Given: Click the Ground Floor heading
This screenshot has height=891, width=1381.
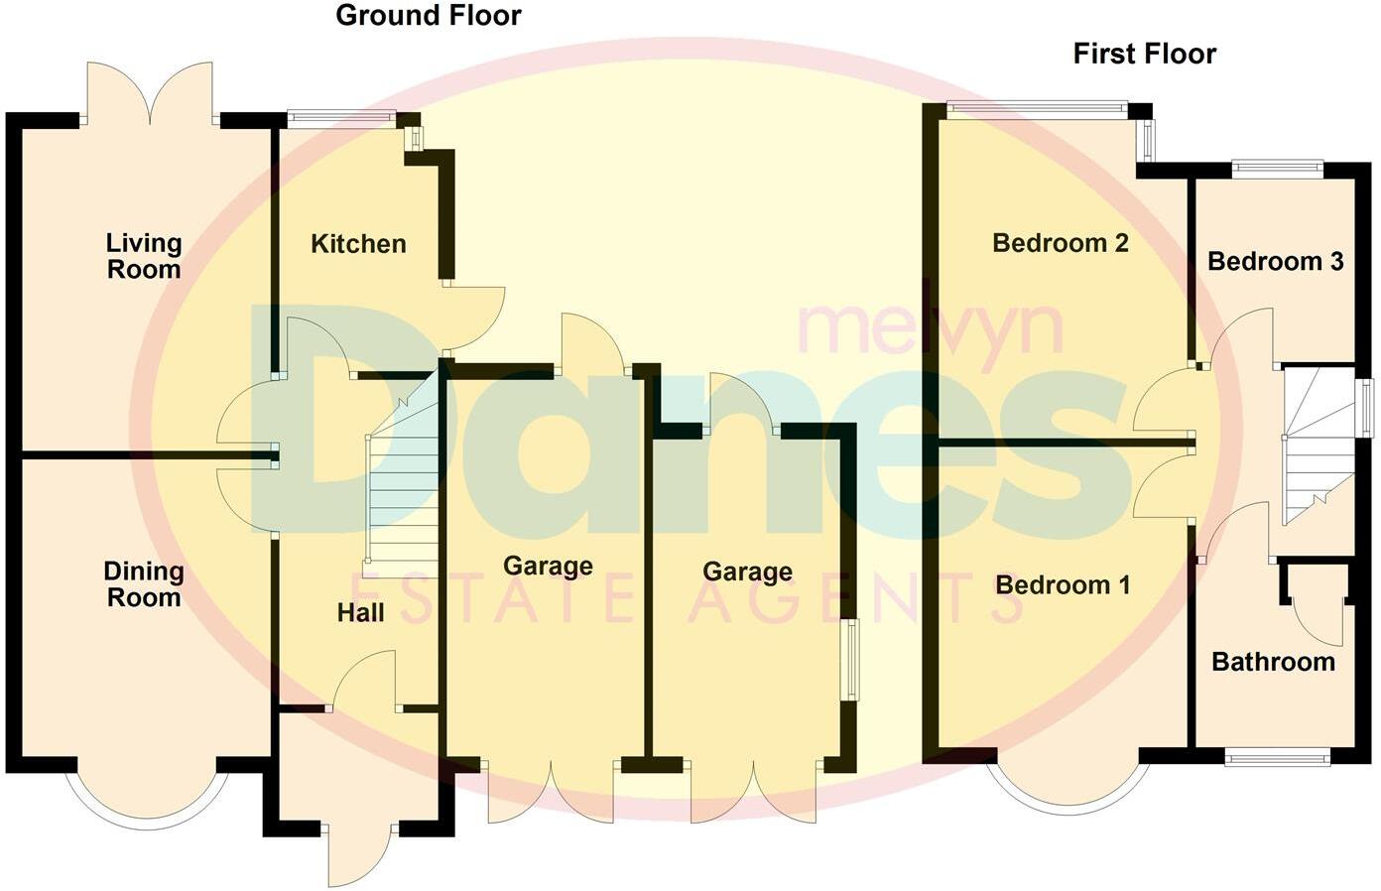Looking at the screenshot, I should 428,16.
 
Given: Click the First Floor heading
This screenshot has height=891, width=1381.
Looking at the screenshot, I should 1144,54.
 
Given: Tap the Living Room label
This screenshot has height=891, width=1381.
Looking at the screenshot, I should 144,256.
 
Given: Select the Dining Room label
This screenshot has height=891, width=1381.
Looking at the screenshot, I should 144,584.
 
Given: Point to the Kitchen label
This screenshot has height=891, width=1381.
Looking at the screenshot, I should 358,244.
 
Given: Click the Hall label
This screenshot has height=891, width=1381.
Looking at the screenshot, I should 360,613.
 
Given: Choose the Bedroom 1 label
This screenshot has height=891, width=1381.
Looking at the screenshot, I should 1062,585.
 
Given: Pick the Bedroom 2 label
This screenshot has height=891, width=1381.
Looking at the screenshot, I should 1060,243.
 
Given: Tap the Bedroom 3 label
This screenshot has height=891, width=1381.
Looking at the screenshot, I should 1275,262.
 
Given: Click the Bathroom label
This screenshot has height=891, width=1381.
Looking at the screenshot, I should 1273,662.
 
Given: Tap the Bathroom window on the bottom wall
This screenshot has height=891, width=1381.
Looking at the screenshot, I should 1276,759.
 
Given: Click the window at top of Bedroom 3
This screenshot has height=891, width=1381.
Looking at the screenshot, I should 1277,169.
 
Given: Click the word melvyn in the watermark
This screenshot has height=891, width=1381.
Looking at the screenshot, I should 930,328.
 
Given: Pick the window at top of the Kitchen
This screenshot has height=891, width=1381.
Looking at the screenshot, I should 341,118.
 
